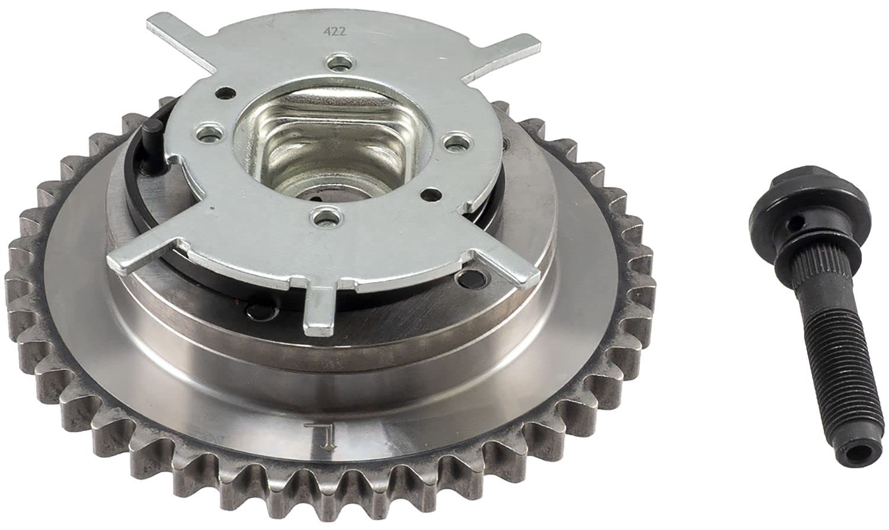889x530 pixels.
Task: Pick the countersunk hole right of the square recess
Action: pos(458,143)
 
